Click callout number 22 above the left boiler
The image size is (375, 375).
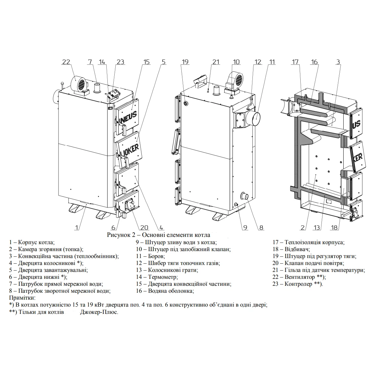[x=66, y=62]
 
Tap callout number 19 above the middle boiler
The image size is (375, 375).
[x=185, y=62]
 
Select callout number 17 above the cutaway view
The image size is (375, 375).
[x=295, y=62]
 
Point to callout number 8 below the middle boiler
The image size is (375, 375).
[x=261, y=227]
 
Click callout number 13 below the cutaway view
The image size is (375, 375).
[x=317, y=227]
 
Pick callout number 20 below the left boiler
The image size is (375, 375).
[x=144, y=227]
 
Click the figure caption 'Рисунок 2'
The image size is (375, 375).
[x=158, y=235]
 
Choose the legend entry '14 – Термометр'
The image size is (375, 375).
[x=157, y=277]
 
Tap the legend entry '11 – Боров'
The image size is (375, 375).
[x=150, y=256]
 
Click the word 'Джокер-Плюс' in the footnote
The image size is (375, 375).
[x=99, y=312]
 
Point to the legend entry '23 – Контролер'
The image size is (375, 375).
[x=298, y=284]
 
